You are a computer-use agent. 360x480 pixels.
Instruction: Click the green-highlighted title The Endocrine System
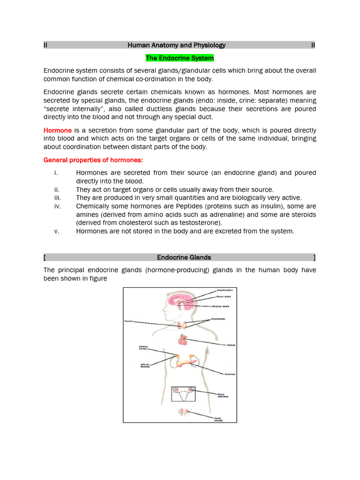pyautogui.click(x=180, y=58)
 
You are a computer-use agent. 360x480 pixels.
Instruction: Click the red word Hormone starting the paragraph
pyautogui.click(x=58, y=130)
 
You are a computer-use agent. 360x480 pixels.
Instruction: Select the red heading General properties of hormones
pyautogui.click(x=87, y=160)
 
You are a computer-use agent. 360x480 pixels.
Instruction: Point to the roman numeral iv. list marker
pyautogui.click(x=57, y=206)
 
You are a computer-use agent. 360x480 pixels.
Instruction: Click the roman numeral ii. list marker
pyautogui.click(x=57, y=189)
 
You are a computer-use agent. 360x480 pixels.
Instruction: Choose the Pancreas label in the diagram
pyautogui.click(x=229, y=374)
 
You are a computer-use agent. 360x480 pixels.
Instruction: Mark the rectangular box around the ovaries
pyautogui.click(x=183, y=394)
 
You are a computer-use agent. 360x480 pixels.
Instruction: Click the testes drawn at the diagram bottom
pyautogui.click(x=183, y=412)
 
